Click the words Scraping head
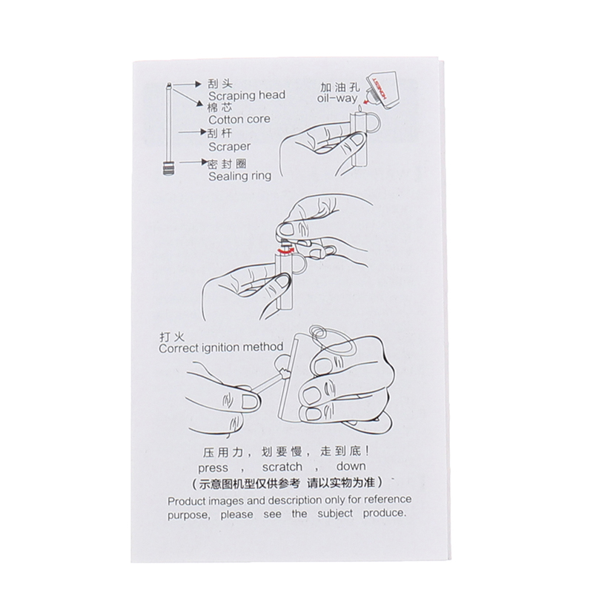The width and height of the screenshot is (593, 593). (247, 96)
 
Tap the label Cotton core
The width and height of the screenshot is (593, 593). (239, 119)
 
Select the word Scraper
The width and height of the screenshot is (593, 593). (229, 147)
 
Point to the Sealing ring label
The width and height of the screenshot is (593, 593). (239, 176)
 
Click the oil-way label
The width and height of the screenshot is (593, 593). (337, 99)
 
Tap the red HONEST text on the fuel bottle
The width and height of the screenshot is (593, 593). (379, 90)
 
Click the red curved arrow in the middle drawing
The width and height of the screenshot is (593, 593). (285, 250)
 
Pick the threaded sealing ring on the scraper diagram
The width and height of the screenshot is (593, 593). (170, 168)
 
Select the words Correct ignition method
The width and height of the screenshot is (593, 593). (221, 347)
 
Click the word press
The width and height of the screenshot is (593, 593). (213, 468)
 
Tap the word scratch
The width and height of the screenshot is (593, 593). (282, 467)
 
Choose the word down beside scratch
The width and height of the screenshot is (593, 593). (351, 466)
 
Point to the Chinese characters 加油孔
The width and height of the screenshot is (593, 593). (340, 87)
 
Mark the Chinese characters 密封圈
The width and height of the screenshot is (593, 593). (228, 164)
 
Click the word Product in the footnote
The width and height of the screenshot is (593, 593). (186, 502)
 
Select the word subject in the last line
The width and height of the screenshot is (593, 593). (335, 514)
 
